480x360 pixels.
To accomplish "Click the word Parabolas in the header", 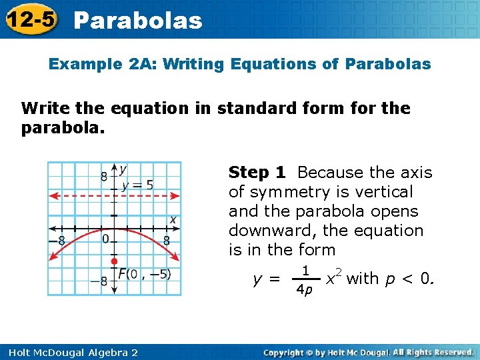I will (138, 20).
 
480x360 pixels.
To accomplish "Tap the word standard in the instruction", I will (263, 108).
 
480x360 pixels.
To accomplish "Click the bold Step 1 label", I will (257, 173).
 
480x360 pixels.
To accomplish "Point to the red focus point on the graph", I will (114, 261).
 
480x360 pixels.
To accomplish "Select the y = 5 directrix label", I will (137, 185).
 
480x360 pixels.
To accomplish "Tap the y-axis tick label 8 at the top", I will (103, 177).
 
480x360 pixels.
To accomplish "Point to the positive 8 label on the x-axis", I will (166, 239).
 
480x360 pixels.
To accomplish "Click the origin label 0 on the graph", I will (105, 239).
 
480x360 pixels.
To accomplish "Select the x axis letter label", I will (173, 219).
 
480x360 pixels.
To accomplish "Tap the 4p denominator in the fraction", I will (305, 291).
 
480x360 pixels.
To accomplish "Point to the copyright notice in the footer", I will (368, 351).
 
